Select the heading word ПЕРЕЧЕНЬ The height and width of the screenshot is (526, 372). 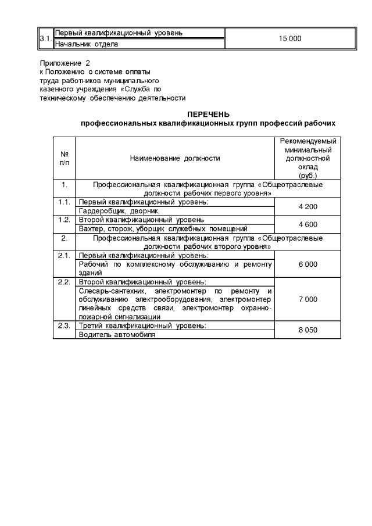208,114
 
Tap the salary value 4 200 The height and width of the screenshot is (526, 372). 307,206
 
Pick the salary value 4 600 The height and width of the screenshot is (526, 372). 307,224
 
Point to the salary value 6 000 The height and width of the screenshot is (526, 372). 307,264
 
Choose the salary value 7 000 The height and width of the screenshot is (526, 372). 307,299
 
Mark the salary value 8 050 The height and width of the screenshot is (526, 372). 307,330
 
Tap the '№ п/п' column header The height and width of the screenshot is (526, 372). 65,158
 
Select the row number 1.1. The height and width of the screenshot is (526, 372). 65,202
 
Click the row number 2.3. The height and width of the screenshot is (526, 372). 65,325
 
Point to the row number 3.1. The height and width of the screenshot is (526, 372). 45,38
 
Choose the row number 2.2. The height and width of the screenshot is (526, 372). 65,282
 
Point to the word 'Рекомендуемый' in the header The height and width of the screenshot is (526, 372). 307,141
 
